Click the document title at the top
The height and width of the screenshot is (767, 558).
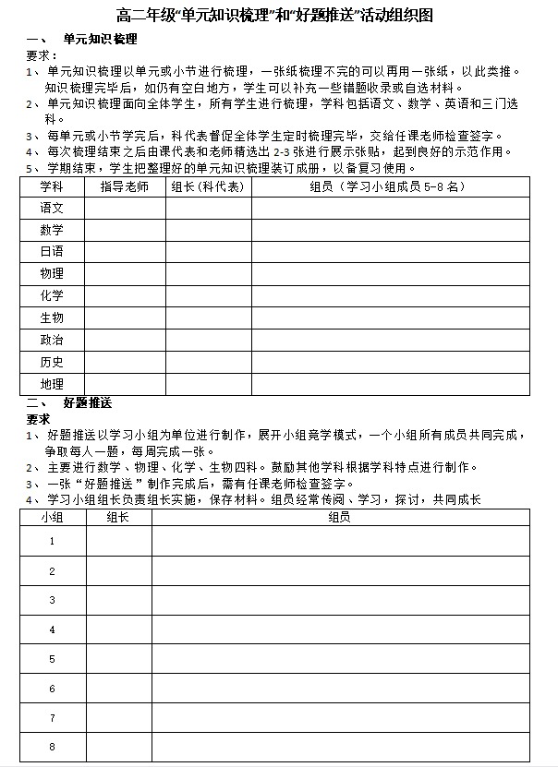coord(275,16)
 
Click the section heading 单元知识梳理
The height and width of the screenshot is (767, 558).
coord(100,40)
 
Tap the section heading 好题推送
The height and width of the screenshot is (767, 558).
coord(89,403)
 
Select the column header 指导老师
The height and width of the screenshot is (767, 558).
coord(124,186)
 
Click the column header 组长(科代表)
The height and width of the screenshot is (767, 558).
coord(208,186)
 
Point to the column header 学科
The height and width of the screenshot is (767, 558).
coord(52,186)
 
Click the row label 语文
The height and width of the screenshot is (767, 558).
coord(52,209)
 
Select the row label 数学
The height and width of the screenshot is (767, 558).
coord(52,230)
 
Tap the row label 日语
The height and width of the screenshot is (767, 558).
coord(52,252)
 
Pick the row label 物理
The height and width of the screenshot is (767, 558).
coord(52,274)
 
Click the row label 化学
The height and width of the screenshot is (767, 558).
coord(52,296)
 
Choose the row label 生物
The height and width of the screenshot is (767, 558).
coord(52,318)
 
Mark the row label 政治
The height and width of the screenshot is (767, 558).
coord(52,341)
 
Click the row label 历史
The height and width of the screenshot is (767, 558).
coord(52,363)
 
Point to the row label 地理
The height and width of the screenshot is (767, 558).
coord(52,384)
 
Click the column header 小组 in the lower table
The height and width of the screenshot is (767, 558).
coord(52,518)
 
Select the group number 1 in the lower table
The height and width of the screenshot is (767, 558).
coord(52,542)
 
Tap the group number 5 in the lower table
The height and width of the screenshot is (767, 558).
coord(52,659)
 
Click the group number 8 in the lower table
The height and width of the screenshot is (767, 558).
coord(52,747)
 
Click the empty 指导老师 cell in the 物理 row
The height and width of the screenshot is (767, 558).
coord(124,274)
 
